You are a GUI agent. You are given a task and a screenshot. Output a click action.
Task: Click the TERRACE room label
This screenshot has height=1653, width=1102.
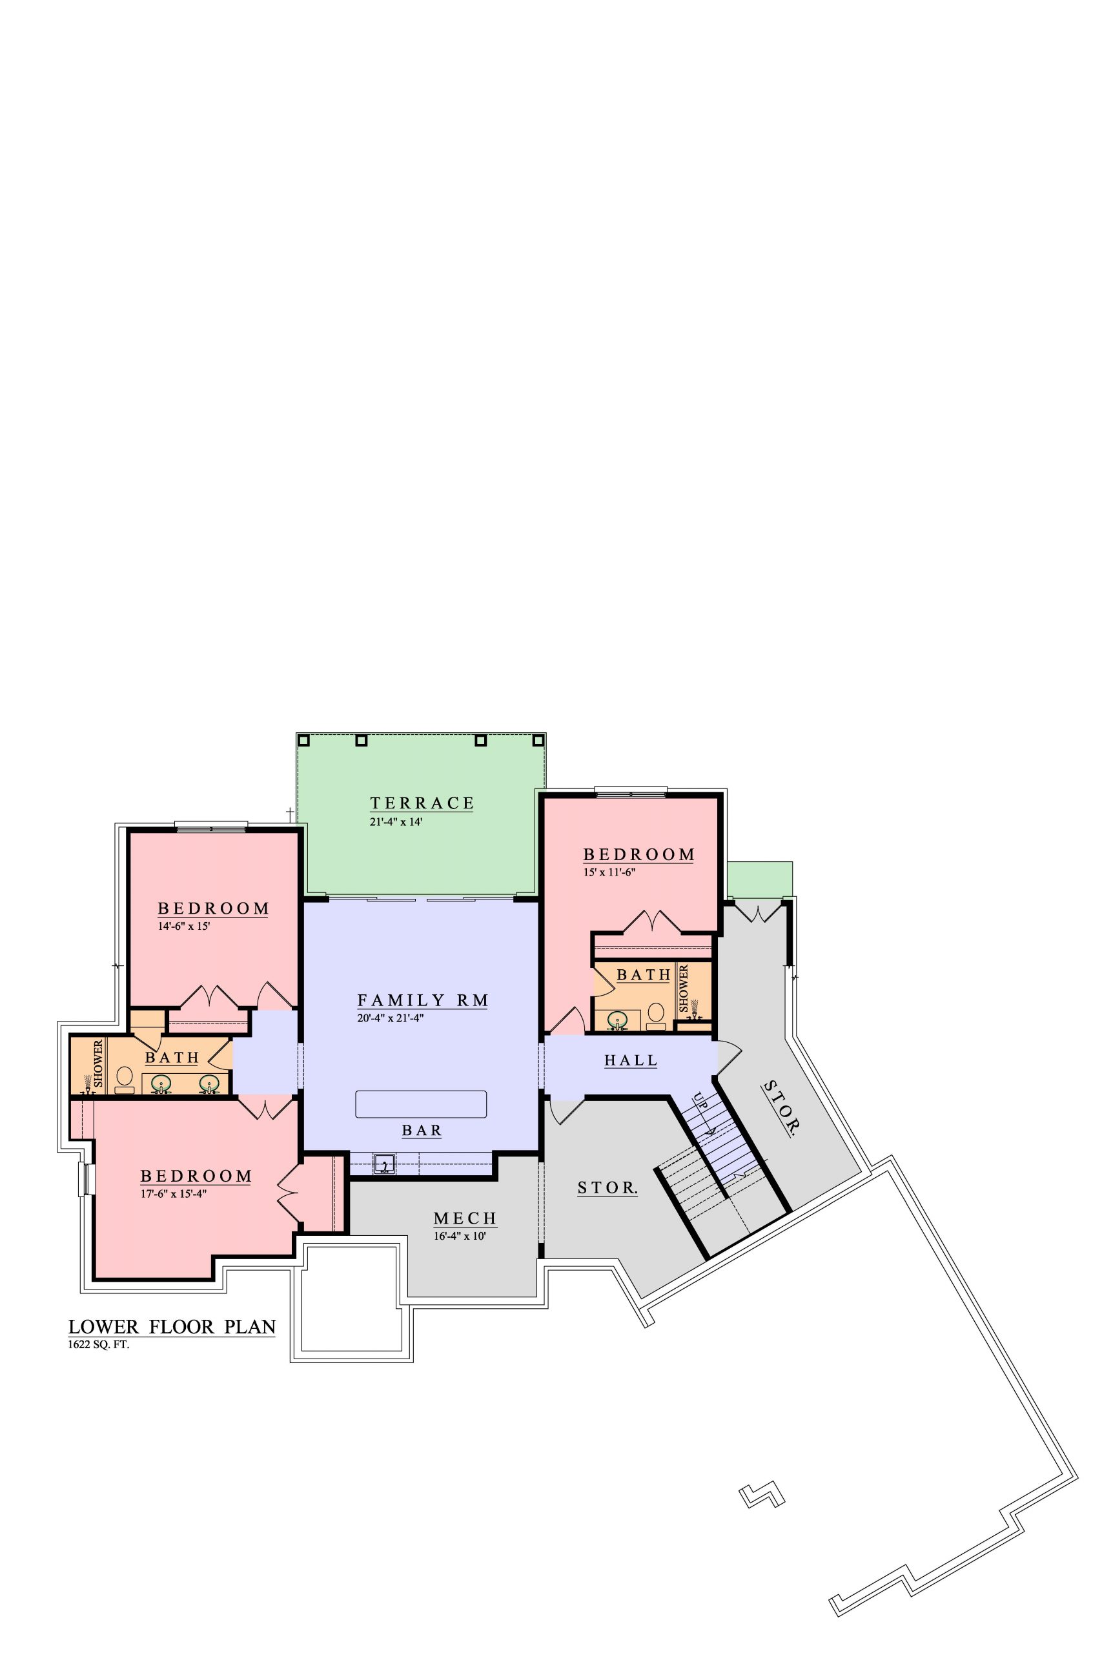click(422, 803)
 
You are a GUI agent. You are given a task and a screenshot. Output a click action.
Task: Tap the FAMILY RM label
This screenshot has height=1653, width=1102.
click(422, 1000)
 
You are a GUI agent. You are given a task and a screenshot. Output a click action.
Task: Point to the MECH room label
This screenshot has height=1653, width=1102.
click(465, 1218)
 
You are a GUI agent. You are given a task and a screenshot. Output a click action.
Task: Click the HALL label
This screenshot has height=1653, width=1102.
click(631, 1060)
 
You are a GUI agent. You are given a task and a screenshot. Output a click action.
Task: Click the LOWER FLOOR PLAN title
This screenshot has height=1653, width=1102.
click(172, 1327)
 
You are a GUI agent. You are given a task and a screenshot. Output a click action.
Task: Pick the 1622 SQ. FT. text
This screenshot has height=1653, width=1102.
click(99, 1345)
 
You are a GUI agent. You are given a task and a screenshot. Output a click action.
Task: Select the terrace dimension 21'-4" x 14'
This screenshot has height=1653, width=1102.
click(396, 821)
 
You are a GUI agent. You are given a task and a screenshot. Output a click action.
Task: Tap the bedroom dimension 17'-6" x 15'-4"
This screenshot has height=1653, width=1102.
click(174, 1193)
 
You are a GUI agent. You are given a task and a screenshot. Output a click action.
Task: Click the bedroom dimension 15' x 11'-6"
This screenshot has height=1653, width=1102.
click(609, 873)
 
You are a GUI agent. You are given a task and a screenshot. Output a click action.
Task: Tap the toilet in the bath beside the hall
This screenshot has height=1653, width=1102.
click(656, 1014)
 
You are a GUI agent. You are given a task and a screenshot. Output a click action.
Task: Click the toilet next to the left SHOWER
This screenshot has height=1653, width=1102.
click(125, 1079)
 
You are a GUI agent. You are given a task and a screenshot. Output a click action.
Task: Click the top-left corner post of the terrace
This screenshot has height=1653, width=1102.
click(303, 740)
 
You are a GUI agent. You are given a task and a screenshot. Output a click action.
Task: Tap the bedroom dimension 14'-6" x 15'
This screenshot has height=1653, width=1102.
click(184, 927)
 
